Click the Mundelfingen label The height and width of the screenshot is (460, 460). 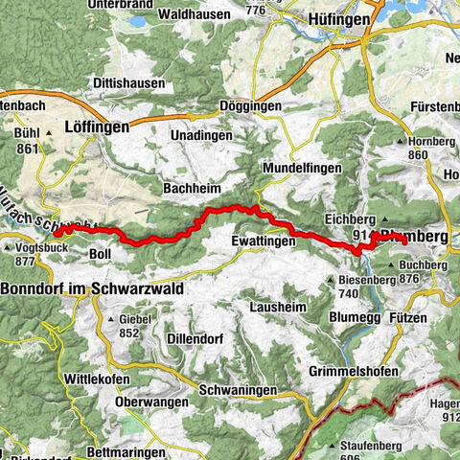tap(303, 167)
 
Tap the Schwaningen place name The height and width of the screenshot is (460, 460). tap(240, 390)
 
